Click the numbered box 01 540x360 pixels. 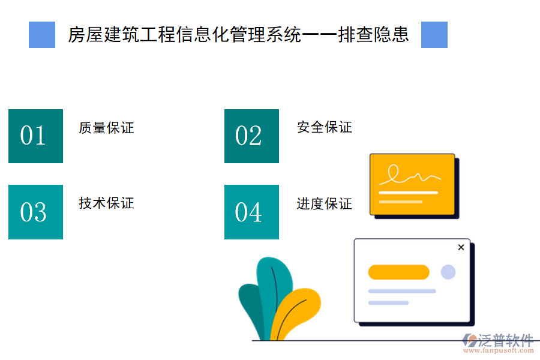35,136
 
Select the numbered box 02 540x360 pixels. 251,136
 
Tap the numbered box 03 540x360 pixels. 35,212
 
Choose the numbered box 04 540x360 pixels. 251,212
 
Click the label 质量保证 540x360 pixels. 106,128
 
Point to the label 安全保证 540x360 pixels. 324,127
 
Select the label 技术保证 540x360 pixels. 106,203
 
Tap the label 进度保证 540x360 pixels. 324,204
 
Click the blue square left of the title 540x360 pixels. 42,35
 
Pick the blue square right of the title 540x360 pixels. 434,35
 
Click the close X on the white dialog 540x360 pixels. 461,247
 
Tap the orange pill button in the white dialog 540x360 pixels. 398,272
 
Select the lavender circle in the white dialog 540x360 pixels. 448,272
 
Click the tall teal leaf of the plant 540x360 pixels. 274,288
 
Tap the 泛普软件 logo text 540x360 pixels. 505,341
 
